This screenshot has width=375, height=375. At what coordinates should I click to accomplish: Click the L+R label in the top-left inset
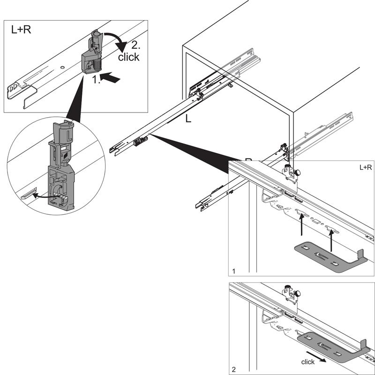(x=21, y=30)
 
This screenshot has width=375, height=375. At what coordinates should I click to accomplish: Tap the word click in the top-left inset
(x=128, y=58)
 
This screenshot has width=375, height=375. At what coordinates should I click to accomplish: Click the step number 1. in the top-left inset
(x=97, y=80)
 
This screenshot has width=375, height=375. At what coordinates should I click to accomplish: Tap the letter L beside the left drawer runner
(x=188, y=119)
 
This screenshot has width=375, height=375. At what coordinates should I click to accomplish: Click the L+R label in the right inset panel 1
(x=366, y=167)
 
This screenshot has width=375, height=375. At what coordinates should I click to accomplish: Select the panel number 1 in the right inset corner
(x=234, y=271)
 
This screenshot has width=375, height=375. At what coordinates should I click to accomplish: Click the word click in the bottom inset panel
(x=308, y=362)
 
